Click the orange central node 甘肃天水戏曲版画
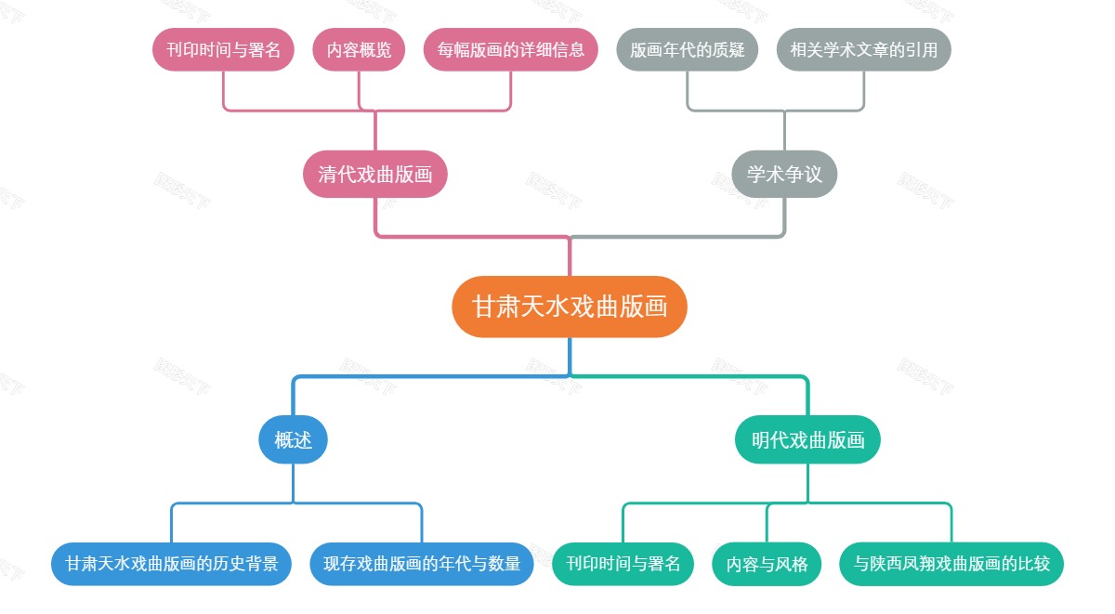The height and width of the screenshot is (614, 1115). click(570, 307)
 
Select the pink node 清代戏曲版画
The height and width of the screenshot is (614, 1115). click(375, 175)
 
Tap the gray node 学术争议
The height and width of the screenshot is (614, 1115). click(784, 175)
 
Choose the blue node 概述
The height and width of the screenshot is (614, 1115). click(293, 439)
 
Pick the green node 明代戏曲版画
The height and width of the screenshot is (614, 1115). click(807, 439)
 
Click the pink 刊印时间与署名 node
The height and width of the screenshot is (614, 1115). click(223, 50)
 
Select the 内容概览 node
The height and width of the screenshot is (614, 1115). click(359, 50)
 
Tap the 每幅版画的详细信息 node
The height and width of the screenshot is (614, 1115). click(511, 50)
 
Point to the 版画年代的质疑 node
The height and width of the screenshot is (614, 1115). click(688, 50)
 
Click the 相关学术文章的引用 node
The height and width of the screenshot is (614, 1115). click(864, 50)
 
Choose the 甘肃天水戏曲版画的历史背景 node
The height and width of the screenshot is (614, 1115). click(172, 564)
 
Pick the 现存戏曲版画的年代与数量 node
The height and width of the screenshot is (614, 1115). click(422, 564)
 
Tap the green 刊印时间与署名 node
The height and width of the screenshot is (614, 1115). click(623, 564)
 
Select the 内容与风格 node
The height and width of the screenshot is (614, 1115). click(767, 564)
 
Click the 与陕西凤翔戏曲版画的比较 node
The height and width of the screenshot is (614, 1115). click(951, 564)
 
